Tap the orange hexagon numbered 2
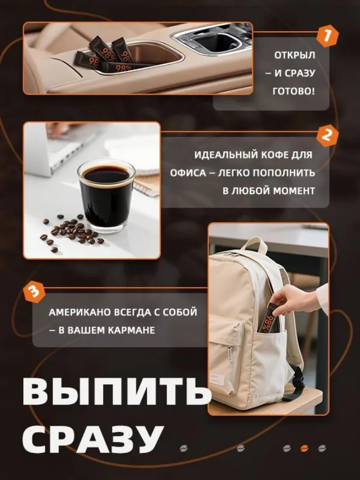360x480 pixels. click(x=327, y=136)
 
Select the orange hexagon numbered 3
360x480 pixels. click(x=34, y=292)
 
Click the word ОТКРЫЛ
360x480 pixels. click(x=294, y=56)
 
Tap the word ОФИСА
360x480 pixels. click(x=188, y=172)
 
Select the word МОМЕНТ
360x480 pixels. click(x=294, y=191)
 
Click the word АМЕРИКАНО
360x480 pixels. click(x=79, y=312)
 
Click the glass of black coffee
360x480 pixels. click(x=106, y=196)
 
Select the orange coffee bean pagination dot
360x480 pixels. click(x=304, y=449)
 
